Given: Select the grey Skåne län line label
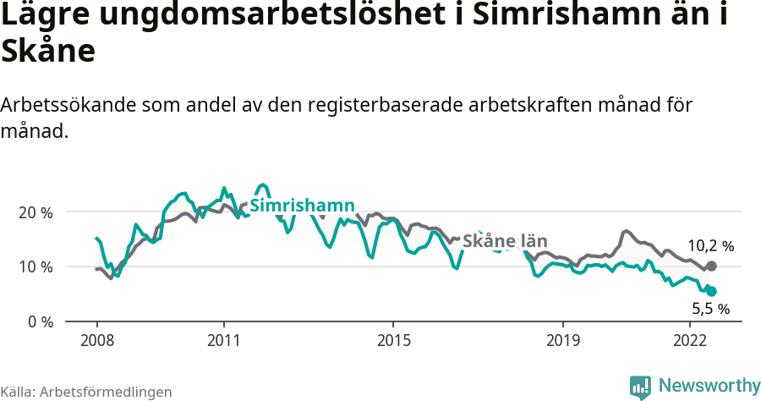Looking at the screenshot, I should pyautogui.click(x=506, y=241).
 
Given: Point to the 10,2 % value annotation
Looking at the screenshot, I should pyautogui.click(x=710, y=246).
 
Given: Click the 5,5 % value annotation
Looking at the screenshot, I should pyautogui.click(x=710, y=310).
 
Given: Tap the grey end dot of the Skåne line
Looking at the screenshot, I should pyautogui.click(x=711, y=266).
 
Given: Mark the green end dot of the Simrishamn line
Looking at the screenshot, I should pyautogui.click(x=711, y=291).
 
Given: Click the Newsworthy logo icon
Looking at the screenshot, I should pyautogui.click(x=640, y=387).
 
